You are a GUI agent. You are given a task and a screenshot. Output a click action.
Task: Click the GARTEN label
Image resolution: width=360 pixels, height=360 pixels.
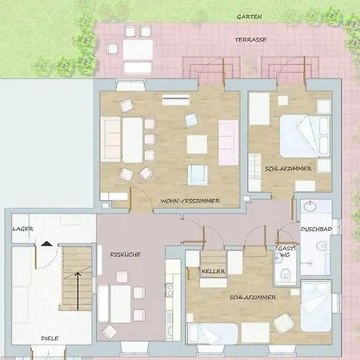click(x=250, y=17)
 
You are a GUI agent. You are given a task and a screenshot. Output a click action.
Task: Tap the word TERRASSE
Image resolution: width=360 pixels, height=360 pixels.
click(x=250, y=40)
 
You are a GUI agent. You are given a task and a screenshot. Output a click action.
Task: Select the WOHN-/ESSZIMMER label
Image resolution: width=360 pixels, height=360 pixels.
click(x=190, y=201)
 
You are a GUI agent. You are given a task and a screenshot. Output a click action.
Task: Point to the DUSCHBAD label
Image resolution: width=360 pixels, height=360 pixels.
click(x=316, y=229)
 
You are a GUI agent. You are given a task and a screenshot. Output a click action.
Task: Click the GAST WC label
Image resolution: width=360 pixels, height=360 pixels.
click(x=286, y=251)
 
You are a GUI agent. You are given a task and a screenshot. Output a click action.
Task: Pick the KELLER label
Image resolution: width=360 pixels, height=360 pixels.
click(x=214, y=271)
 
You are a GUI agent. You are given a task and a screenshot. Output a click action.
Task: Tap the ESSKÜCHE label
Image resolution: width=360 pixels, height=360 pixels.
click(x=126, y=254)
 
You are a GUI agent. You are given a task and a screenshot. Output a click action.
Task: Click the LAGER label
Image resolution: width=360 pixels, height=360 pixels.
click(x=22, y=229)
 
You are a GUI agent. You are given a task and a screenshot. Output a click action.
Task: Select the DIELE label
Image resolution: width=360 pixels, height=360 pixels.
click(x=50, y=338)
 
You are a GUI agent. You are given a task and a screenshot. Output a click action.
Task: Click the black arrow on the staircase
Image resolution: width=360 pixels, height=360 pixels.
click(x=78, y=291)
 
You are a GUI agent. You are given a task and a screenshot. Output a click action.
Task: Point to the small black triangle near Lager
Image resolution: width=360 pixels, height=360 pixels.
click(x=46, y=243)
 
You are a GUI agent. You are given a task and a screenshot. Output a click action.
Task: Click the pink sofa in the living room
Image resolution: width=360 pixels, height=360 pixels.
click(x=229, y=142)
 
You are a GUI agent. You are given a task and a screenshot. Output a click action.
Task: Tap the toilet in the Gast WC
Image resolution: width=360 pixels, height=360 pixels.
click(x=285, y=274)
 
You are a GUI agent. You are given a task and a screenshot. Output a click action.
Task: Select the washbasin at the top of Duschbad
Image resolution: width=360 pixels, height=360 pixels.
click(x=310, y=206)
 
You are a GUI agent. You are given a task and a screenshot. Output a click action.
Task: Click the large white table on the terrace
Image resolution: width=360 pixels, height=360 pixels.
click(x=138, y=50)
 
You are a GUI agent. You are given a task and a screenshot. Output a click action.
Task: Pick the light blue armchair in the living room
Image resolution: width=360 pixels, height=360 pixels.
click(x=191, y=120)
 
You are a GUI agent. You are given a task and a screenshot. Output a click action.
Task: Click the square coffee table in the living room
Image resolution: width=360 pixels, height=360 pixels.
click(x=197, y=144)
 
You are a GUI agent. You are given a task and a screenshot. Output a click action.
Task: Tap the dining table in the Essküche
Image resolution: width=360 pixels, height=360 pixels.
click(x=121, y=304)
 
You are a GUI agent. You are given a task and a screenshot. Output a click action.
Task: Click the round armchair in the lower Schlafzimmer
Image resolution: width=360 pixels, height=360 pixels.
click(x=284, y=323)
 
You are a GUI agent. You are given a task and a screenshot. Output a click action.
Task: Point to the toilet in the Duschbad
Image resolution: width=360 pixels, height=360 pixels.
click(x=322, y=246)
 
